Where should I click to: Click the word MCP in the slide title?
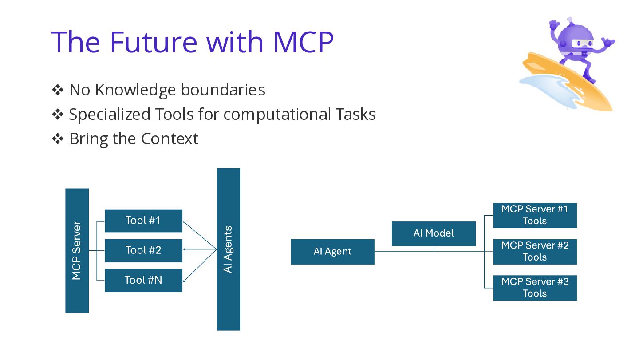[303, 42]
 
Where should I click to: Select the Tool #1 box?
[143, 221]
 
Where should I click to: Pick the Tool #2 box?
[143, 250]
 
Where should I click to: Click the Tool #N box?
[143, 280]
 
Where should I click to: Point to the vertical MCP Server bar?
[77, 250]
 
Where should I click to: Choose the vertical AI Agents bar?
[228, 249]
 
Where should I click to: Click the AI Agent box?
[333, 252]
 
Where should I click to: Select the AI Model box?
[434, 233]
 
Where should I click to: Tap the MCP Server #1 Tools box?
[535, 215]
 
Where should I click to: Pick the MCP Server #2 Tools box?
[535, 252]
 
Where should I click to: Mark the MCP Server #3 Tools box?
[535, 288]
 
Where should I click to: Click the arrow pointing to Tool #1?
[200, 235]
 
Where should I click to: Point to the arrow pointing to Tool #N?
[200, 265]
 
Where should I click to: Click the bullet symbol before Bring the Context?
[58, 139]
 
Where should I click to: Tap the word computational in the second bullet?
[277, 115]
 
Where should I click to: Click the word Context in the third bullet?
[170, 139]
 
